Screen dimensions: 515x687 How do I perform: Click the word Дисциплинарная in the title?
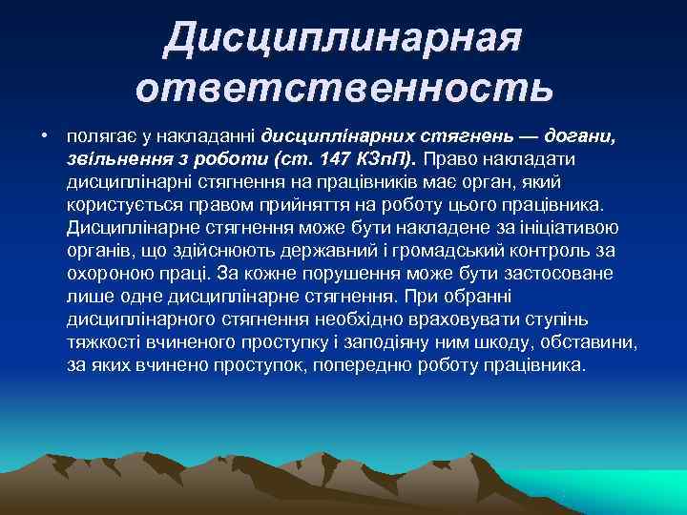(343, 38)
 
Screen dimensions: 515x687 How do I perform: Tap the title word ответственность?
(343, 88)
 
